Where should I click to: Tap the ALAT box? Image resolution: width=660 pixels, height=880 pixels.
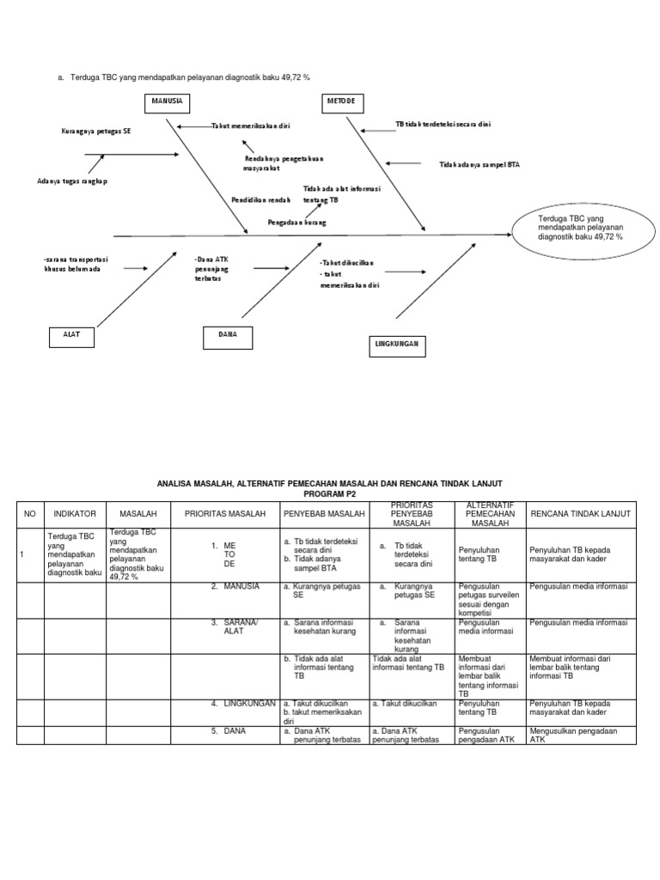(71, 335)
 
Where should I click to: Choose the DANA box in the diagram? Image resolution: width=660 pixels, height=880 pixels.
(228, 335)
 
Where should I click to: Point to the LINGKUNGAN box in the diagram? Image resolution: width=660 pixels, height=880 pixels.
(396, 343)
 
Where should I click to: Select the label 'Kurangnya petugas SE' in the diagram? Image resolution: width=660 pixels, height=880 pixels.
(96, 131)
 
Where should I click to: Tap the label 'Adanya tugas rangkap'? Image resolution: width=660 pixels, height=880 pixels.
(73, 181)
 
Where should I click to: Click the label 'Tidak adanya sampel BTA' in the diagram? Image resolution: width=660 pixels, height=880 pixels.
(480, 164)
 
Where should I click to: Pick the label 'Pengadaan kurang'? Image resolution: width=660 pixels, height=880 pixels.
(296, 222)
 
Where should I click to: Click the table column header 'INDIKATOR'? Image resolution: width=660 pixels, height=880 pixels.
(75, 513)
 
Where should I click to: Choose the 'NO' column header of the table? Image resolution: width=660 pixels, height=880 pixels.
(30, 513)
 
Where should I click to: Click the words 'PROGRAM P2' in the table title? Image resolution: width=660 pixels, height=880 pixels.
(329, 494)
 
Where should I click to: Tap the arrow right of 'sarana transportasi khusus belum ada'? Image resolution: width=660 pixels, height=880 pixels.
(136, 268)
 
